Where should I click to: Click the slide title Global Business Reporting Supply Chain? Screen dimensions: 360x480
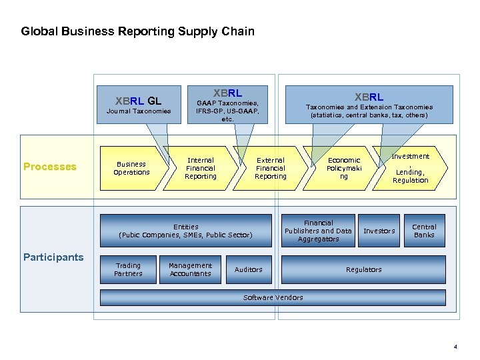tap(137, 31)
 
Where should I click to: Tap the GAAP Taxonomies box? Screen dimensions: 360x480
tap(227, 105)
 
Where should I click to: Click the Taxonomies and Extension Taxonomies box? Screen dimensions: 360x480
tap(369, 105)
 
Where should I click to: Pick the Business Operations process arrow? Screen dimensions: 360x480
tap(131, 168)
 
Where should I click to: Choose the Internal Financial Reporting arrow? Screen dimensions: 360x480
tap(200, 168)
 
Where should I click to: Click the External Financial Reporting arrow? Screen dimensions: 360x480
tap(270, 168)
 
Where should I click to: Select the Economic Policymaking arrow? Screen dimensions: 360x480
tap(343, 168)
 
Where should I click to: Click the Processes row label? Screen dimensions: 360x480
tap(49, 167)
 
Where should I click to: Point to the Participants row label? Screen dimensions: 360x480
tap(53, 257)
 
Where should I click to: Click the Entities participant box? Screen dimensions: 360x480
tap(185, 231)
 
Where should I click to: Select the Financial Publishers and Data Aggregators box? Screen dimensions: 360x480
tap(318, 231)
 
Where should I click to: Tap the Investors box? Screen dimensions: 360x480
tap(379, 231)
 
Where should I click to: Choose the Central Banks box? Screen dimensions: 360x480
tap(424, 231)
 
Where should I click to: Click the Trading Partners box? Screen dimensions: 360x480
tap(128, 269)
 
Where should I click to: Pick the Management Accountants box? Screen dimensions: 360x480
tap(190, 269)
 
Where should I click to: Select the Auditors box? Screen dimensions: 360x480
tap(248, 269)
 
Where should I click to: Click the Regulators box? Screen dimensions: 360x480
tap(363, 269)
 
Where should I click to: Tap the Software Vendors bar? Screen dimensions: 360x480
tap(273, 297)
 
